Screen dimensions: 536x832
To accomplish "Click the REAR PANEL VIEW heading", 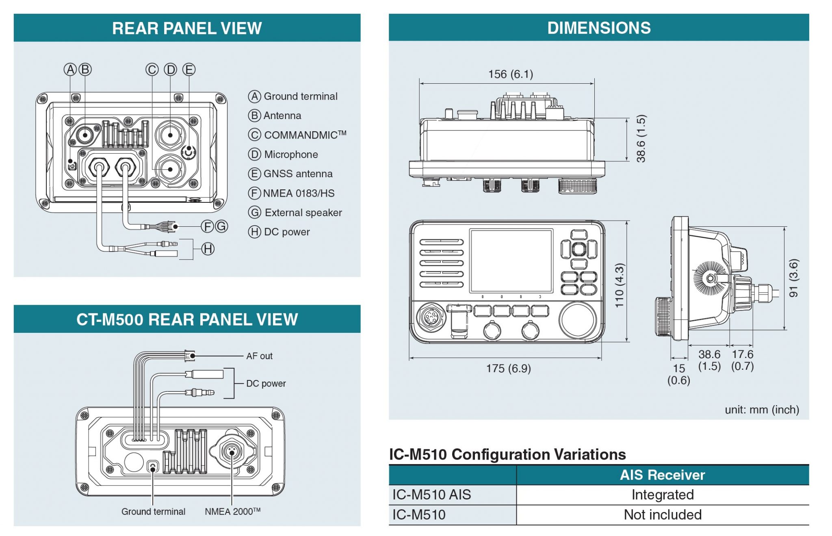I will (x=187, y=28).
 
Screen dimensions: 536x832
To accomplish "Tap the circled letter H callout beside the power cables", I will (x=208, y=249).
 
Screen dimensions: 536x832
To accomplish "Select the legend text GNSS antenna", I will (x=298, y=174).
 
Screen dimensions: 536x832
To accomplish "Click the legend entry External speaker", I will (x=303, y=213).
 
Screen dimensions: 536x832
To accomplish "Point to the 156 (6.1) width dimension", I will (x=510, y=74).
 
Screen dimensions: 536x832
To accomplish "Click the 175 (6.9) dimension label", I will (x=508, y=369).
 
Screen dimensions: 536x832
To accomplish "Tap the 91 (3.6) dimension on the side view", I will (x=793, y=278).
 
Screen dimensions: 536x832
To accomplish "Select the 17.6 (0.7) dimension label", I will (x=742, y=360).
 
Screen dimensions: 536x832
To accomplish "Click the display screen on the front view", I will (x=511, y=260).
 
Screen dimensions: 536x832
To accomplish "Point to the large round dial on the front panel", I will (x=577, y=320).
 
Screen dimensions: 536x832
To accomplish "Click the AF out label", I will (x=259, y=356).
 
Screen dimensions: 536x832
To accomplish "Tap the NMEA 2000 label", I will (x=232, y=512).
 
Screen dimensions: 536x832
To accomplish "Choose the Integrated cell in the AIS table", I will (x=662, y=495).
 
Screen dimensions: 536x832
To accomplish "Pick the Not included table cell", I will (x=662, y=515).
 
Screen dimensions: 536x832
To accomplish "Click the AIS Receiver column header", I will (x=662, y=475).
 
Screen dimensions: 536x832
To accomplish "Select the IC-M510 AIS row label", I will (x=431, y=495).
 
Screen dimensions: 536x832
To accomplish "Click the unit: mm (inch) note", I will (x=762, y=410).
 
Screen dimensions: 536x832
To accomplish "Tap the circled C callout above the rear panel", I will (x=152, y=69).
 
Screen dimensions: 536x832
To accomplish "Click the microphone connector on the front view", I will (x=431, y=317).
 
